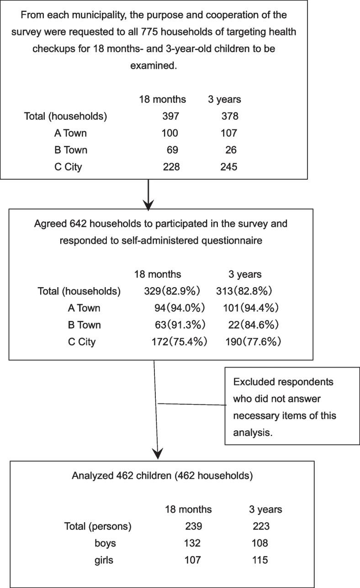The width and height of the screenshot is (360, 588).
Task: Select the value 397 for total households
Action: pyautogui.click(x=171, y=116)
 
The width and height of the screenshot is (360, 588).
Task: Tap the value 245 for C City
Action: pyautogui.click(x=228, y=167)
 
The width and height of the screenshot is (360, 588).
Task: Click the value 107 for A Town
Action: pyautogui.click(x=228, y=133)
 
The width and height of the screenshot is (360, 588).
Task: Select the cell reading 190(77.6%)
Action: pyautogui.click(x=252, y=342)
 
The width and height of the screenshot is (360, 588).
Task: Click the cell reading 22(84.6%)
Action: pyautogui.click(x=254, y=325)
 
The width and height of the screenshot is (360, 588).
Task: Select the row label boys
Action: pyautogui.click(x=104, y=543)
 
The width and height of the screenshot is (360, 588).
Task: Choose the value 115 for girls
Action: pyautogui.click(x=261, y=560)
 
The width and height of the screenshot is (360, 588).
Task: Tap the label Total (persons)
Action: pyautogui.click(x=98, y=526)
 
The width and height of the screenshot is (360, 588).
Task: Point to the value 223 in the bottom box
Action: pyautogui.click(x=261, y=526)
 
